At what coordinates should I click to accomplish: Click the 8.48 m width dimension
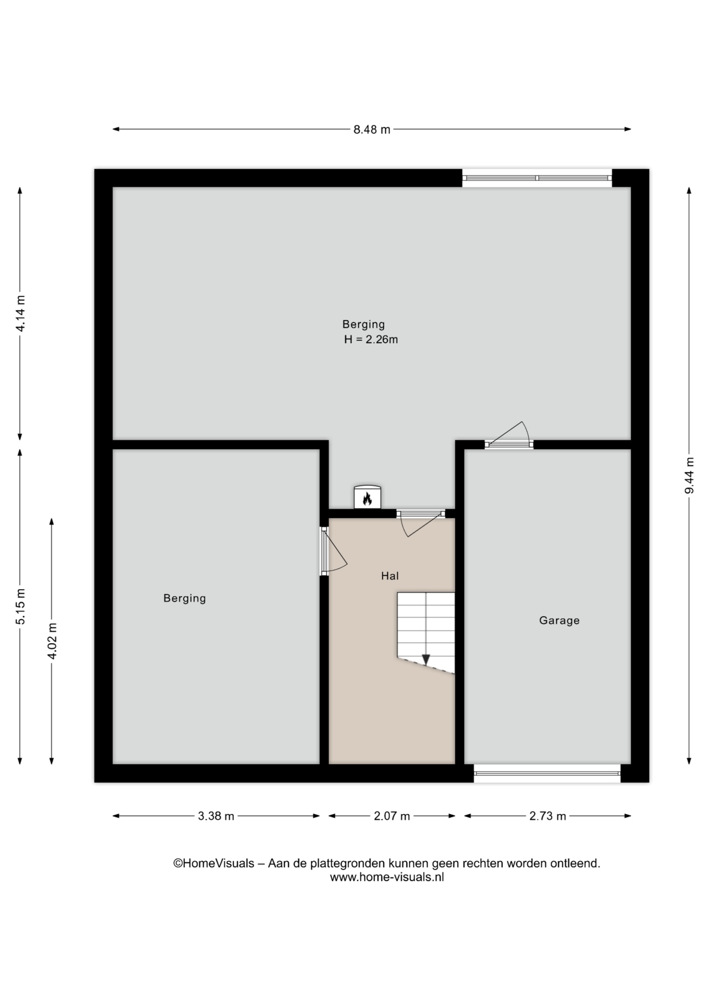coord(372,130)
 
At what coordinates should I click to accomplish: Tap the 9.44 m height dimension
coord(690,475)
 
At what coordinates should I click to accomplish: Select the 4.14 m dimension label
coord(20,313)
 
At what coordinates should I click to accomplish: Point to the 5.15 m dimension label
coord(20,607)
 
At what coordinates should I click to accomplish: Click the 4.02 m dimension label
coord(52,641)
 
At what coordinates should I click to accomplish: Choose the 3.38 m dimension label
coord(216,816)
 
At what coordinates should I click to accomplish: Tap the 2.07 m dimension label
coord(392,816)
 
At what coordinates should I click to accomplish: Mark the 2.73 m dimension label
coord(548,816)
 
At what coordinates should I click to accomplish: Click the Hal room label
coord(390,576)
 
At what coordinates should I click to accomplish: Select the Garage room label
coord(559,621)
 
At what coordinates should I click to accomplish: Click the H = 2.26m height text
coord(371,340)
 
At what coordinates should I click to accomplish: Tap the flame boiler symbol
coord(367,497)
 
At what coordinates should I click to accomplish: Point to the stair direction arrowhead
coord(426,660)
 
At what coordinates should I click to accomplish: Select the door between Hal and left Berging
coord(332,551)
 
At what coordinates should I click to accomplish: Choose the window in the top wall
coord(537,178)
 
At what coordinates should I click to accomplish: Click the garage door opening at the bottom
coord(547,773)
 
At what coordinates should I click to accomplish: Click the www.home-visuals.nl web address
coord(387,878)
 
